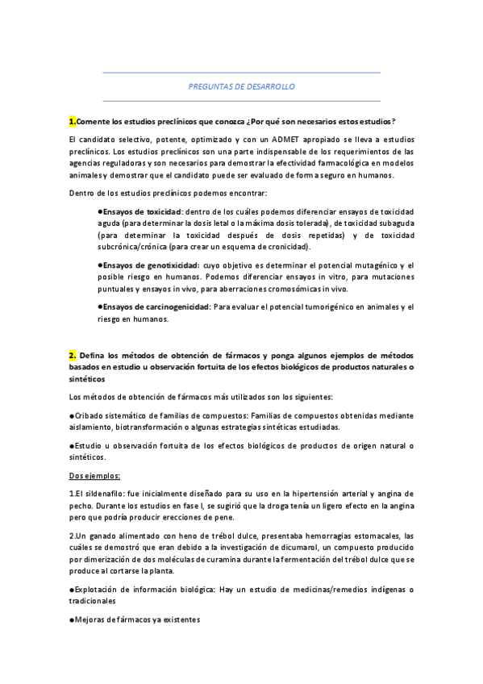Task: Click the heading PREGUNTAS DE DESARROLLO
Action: coord(241,85)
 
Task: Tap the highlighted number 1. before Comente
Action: coord(72,121)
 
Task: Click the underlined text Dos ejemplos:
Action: coord(94,475)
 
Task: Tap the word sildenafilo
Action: coord(102,493)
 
